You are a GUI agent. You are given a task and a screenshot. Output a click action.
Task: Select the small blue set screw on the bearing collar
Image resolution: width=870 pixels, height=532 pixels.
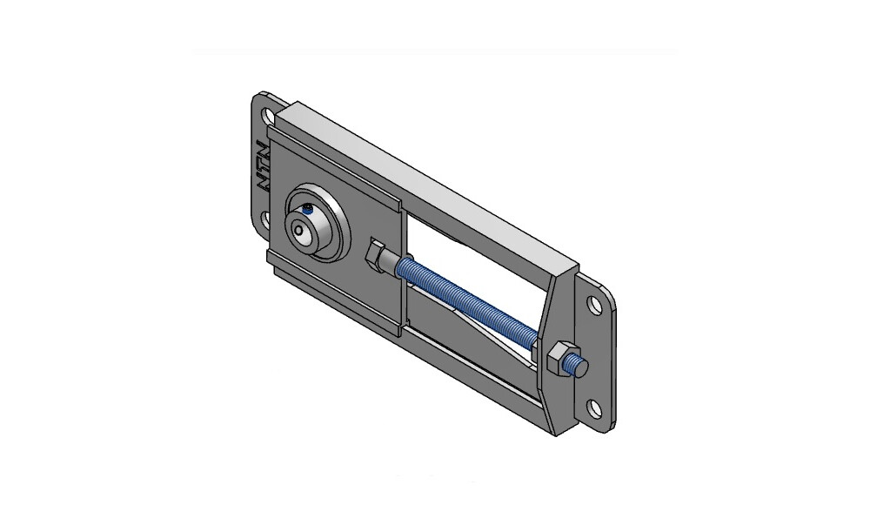pos(307,209)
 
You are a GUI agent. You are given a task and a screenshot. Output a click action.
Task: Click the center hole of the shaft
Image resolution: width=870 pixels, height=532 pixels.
pos(300,229)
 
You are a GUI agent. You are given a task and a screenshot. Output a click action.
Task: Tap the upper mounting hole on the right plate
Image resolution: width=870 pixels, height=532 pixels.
pos(595,306)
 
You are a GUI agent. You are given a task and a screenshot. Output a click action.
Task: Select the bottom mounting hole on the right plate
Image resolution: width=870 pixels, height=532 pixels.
pos(594,409)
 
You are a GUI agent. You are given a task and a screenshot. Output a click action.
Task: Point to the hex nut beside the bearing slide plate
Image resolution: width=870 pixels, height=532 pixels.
pos(377,254)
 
